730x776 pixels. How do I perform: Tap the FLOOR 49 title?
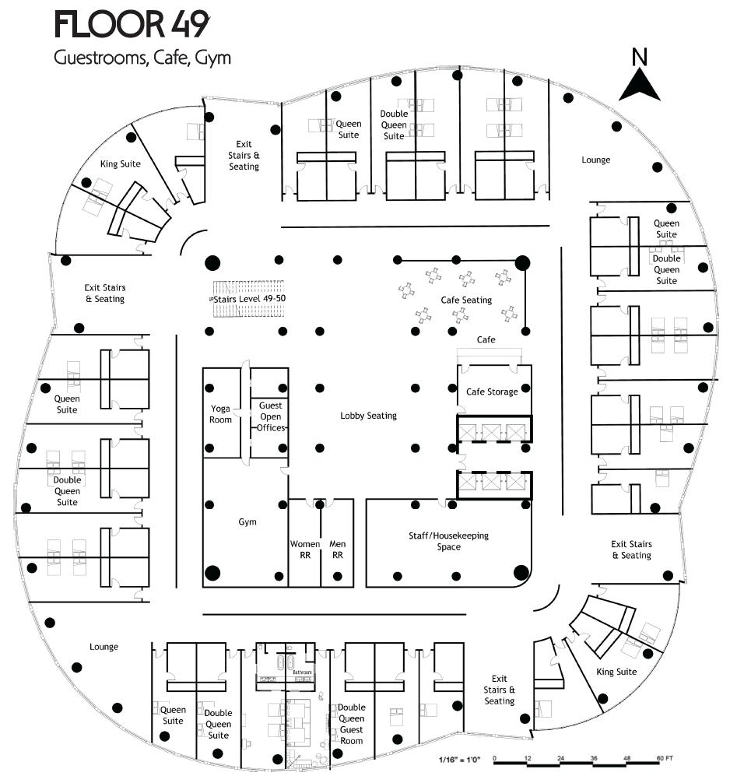coord(132,25)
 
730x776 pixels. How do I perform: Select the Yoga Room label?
coord(221,414)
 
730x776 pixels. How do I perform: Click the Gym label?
coord(247,521)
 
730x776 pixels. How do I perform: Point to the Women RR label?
coord(305,550)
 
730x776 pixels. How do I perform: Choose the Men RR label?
coord(338,550)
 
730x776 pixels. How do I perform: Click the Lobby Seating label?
coord(368,416)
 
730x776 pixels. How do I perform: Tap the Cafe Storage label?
coord(492,392)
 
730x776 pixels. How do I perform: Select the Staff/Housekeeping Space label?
coord(449,541)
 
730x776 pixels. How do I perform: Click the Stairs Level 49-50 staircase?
coord(247,299)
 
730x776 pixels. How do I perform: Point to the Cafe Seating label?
coord(466,300)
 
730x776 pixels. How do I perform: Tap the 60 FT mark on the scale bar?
coord(664,758)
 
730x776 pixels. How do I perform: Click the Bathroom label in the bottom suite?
coord(302,672)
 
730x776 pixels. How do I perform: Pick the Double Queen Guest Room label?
coord(352,724)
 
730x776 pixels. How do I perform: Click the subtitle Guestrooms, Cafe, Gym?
coord(142,58)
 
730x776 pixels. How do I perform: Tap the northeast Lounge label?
coord(596,160)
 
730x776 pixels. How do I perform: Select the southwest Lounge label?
coord(104,647)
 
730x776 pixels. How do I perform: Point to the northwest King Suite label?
coord(121,163)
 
